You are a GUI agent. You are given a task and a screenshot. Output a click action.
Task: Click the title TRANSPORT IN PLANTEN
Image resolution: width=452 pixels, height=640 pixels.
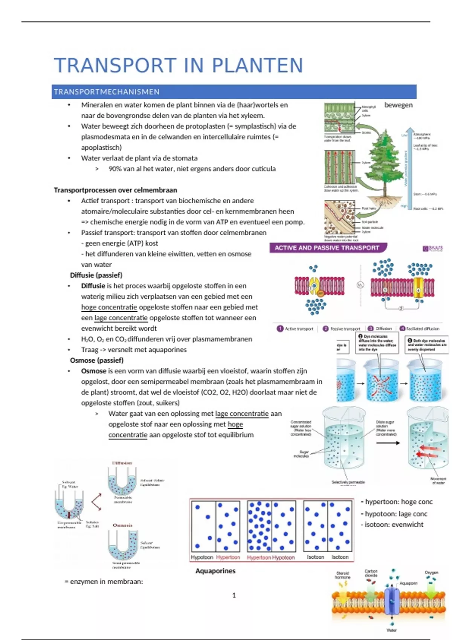(x=179, y=66)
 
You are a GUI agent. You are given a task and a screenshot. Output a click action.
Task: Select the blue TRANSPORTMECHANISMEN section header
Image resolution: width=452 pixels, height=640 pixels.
(x=107, y=92)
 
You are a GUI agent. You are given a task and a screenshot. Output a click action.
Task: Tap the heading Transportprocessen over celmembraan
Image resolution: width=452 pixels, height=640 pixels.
(x=115, y=190)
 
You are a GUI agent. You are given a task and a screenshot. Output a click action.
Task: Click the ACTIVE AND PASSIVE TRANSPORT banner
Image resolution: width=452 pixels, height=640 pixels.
(x=327, y=248)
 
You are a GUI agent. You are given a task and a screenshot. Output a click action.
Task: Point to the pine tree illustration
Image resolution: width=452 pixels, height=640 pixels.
(x=381, y=162)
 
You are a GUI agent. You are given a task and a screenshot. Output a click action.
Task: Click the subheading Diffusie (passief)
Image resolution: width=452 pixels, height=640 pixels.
(x=96, y=275)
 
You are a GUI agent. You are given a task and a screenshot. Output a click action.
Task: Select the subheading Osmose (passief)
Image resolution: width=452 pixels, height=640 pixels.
(x=97, y=360)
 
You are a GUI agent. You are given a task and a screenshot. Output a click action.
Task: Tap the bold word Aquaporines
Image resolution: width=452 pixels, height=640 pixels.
(x=215, y=571)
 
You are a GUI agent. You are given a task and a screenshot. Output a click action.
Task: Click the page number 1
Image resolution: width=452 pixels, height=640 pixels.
(x=234, y=595)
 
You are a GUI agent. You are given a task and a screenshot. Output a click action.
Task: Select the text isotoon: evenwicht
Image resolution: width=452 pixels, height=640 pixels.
(x=394, y=524)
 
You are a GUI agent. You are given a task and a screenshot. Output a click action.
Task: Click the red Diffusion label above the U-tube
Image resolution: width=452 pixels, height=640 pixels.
(x=122, y=463)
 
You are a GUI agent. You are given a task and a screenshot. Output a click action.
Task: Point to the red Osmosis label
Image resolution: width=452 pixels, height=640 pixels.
(x=122, y=525)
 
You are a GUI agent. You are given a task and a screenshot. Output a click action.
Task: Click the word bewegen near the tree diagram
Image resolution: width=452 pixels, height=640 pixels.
(x=398, y=105)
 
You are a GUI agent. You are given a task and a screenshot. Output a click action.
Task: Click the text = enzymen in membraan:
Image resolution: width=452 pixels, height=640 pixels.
(x=104, y=582)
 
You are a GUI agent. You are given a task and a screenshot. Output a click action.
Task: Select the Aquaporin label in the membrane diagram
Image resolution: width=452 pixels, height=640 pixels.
(x=408, y=583)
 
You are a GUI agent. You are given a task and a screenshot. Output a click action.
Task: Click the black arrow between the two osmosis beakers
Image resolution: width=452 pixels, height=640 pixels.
(x=388, y=443)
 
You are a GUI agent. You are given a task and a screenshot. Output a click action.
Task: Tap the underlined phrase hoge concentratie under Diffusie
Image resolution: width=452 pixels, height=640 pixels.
(x=109, y=307)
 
